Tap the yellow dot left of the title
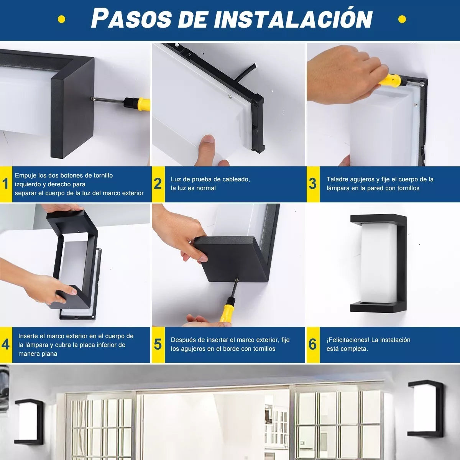pos(61,19)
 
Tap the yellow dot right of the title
pos(402,19)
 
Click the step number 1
pos(5,184)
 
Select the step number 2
pos(158,184)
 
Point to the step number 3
pos(312,184)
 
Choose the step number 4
pos(5,345)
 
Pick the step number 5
pos(158,345)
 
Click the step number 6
pos(312,345)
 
